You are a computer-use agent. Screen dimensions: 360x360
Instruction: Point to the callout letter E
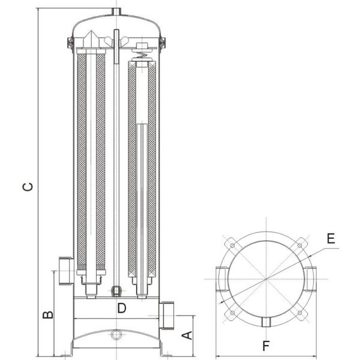pyautogui.click(x=330, y=238)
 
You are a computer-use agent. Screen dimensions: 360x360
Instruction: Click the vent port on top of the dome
pyautogui.click(x=116, y=11)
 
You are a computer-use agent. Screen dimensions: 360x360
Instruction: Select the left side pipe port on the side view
pyautogui.click(x=66, y=269)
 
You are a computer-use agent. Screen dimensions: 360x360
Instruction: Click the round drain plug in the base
pyautogui.click(x=116, y=332)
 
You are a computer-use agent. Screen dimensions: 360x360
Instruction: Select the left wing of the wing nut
pyautogui.click(x=108, y=41)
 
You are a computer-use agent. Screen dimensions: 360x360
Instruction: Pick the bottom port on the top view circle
pyautogui.click(x=265, y=323)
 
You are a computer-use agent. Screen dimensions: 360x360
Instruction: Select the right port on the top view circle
pyautogui.click(x=310, y=278)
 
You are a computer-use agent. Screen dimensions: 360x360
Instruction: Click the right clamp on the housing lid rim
pyautogui.click(x=163, y=43)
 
